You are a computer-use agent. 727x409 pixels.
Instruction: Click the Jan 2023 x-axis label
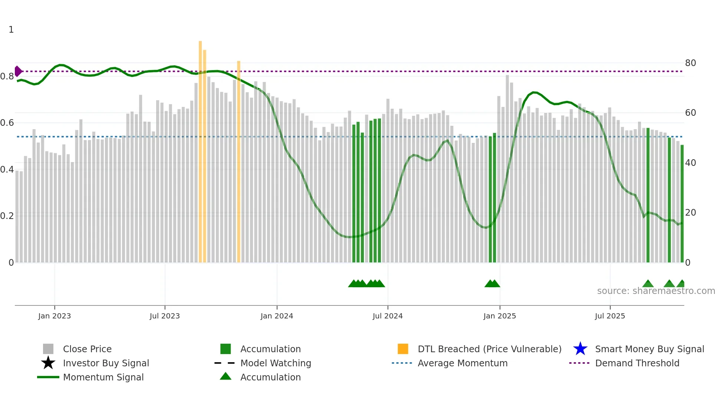point(55,316)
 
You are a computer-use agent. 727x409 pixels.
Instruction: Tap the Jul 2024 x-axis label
point(388,316)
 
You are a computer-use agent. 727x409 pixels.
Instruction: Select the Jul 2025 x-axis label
point(610,316)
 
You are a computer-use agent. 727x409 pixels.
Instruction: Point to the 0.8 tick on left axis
point(7,76)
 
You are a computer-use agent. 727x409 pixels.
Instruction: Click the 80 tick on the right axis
point(690,63)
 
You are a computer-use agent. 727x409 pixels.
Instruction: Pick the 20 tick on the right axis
point(690,213)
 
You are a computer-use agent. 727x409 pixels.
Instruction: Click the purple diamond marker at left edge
point(18,71)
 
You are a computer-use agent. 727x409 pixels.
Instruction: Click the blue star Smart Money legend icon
point(580,349)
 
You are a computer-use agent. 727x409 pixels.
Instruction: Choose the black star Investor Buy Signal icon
point(48,363)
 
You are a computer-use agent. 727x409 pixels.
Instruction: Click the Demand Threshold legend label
point(637,363)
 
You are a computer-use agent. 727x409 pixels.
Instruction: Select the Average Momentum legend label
point(462,363)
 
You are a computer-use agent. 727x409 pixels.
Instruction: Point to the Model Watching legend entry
point(275,363)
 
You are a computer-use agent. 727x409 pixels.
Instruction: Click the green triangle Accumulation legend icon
point(226,376)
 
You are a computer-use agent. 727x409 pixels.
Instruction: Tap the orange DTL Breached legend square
point(403,349)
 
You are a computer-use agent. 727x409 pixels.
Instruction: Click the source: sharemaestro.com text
point(656,291)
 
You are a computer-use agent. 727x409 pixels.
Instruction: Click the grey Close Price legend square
point(48,349)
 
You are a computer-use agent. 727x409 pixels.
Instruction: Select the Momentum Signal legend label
point(103,377)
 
